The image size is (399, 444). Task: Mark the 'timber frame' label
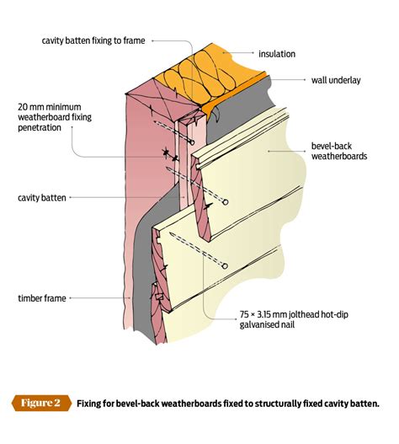[x=43, y=298]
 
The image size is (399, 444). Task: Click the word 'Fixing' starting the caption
[x=90, y=403]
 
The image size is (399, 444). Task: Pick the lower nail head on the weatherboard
[x=226, y=265]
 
